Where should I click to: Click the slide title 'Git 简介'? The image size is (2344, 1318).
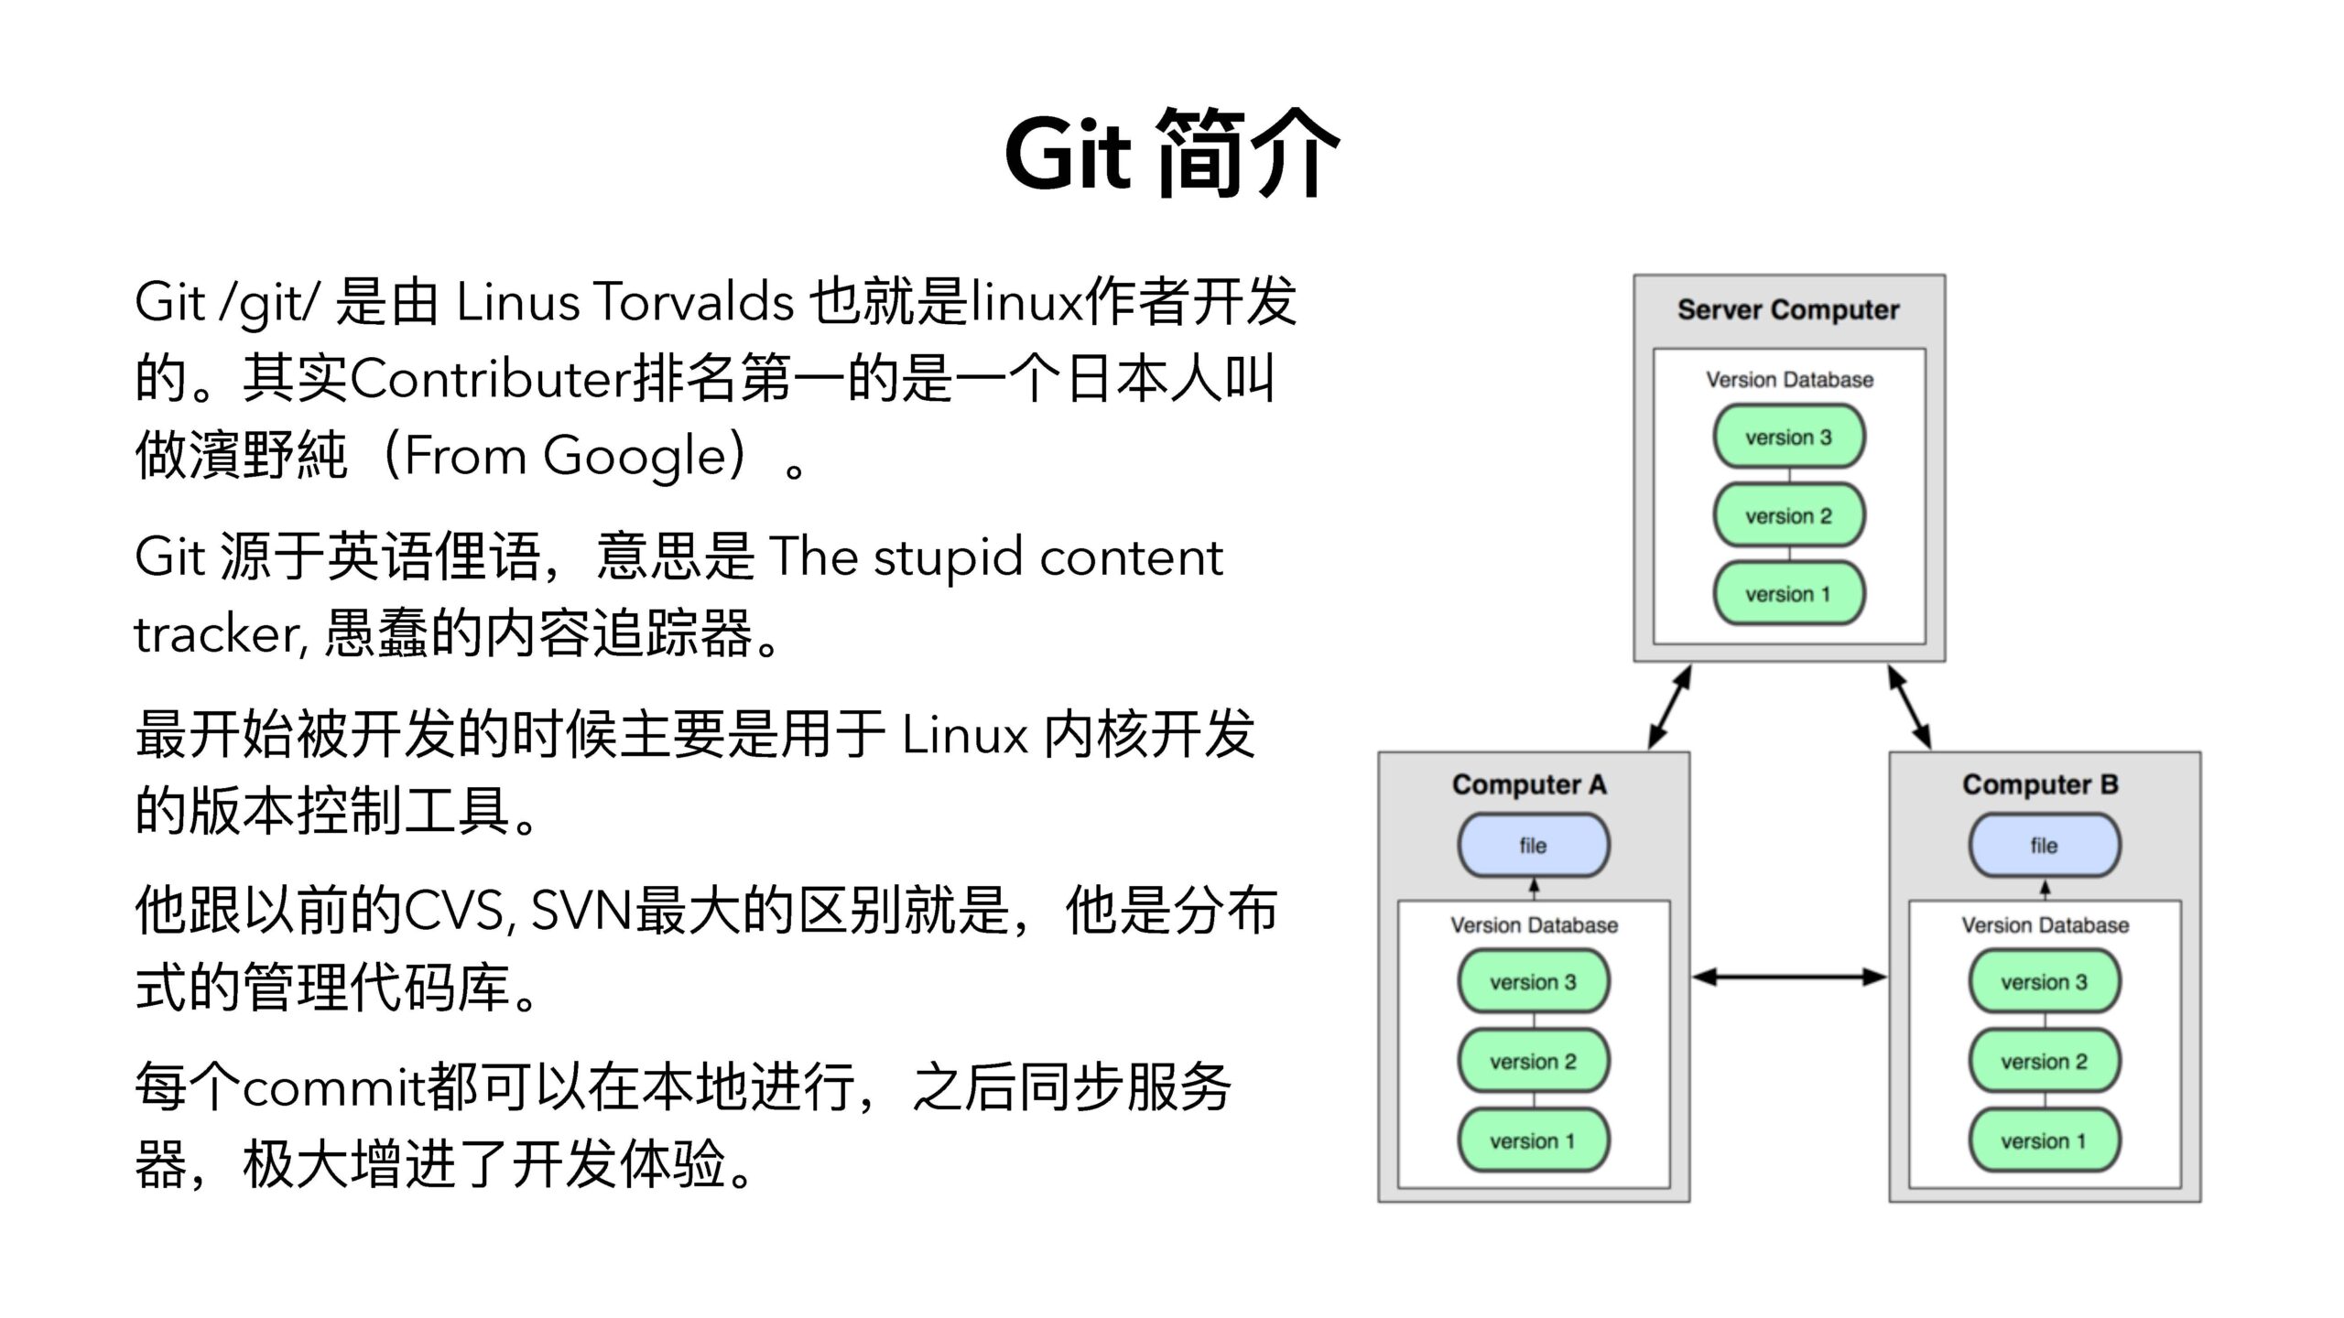1171,153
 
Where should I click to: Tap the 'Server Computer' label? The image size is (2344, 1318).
1788,310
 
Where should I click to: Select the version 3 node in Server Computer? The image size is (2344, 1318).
1788,438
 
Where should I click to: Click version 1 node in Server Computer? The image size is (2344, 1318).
1788,595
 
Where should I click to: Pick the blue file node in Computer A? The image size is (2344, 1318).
1533,846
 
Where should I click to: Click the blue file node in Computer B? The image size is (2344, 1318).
2044,846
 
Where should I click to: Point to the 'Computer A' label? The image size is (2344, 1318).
1529,785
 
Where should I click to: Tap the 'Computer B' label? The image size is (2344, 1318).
2040,785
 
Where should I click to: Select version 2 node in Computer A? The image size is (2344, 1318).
1533,1062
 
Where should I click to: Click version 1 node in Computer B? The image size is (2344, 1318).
2044,1141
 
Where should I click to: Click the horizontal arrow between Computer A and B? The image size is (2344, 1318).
1789,978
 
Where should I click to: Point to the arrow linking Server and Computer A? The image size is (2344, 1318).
1669,708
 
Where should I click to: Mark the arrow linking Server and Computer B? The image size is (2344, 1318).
1910,708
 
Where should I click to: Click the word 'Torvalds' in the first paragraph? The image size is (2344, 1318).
693,301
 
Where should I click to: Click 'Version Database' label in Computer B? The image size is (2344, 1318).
2045,925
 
